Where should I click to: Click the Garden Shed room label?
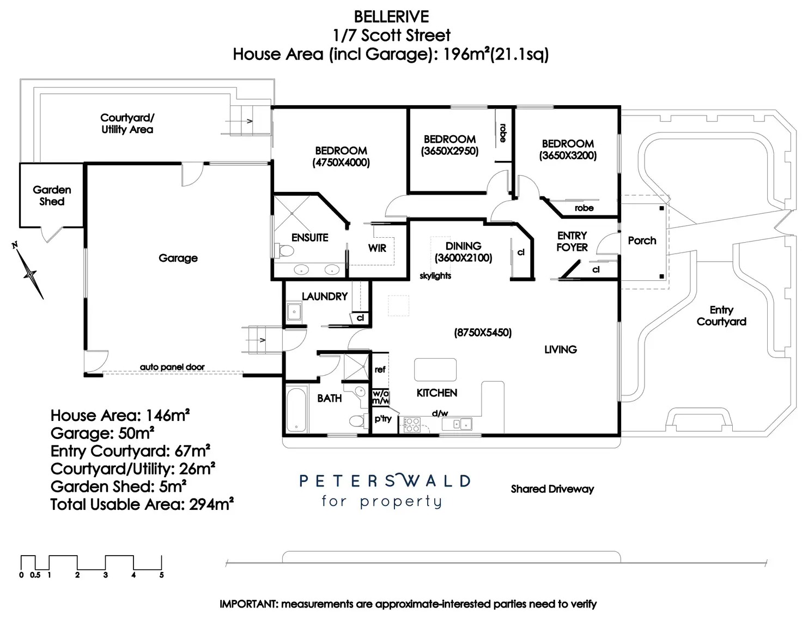[52, 195]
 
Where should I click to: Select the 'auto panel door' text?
[172, 367]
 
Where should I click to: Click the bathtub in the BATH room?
[295, 410]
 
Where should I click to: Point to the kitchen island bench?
[435, 369]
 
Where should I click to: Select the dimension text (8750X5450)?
[483, 332]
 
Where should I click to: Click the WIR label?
[377, 248]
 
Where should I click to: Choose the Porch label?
[642, 240]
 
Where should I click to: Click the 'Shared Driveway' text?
[552, 489]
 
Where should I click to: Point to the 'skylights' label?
[435, 276]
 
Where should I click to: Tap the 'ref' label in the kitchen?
[380, 370]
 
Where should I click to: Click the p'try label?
[383, 419]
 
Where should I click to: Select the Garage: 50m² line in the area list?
[102, 434]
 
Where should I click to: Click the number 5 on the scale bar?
[161, 575]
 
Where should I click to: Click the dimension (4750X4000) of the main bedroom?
[341, 162]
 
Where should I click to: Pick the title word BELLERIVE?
[392, 17]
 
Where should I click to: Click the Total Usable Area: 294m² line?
[142, 504]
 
